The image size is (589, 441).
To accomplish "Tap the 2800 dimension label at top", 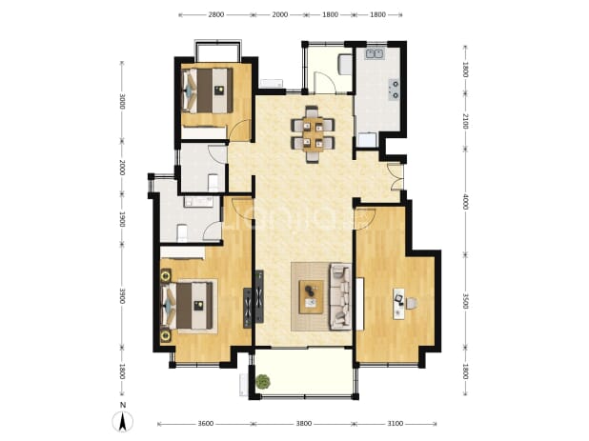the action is point(216,14).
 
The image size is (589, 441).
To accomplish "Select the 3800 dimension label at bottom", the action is point(303,423).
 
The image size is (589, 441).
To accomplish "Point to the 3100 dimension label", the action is point(395,423).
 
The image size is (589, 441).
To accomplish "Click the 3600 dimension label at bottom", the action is point(206,423).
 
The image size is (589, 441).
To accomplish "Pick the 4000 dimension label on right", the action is point(465,202).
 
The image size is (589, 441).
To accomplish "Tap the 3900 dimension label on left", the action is point(122,296).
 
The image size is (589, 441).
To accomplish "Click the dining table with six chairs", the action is point(313,134).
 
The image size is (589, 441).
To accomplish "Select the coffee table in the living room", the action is point(311,296).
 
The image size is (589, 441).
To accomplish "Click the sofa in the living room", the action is point(340,296).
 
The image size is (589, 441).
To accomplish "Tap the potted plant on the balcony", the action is point(263,382).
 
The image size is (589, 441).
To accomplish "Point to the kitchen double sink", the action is point(375,53).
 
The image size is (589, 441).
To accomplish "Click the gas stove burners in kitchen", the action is point(394,90).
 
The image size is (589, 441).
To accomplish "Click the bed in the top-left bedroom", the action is point(208,90).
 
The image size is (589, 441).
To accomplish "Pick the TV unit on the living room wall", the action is point(259,296).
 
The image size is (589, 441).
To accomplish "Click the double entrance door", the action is point(396,176).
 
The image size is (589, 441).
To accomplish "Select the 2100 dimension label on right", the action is point(465,121).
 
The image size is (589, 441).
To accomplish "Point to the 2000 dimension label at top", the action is point(280,14).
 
